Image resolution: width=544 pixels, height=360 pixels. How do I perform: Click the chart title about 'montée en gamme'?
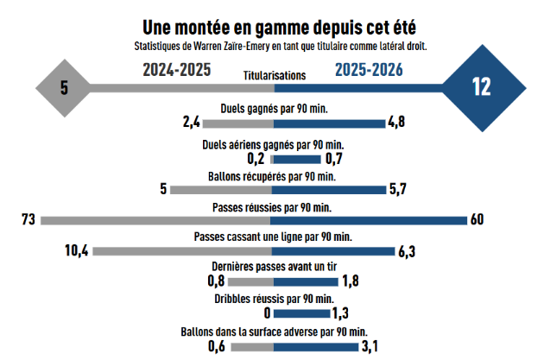pos(273,26)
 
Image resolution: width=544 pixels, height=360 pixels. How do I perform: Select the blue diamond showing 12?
pos(481,86)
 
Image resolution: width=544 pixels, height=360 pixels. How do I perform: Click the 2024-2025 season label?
pos(177,70)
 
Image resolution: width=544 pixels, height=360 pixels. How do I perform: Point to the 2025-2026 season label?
pos(370,70)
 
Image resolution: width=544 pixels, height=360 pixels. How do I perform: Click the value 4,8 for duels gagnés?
pos(397,123)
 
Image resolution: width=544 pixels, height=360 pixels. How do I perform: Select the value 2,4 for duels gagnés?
pos(192,123)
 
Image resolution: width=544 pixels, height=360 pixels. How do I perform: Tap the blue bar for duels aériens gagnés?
pos(297,159)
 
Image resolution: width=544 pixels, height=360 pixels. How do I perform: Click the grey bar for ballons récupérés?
pos(222,190)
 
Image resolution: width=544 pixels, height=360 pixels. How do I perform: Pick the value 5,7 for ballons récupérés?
pos(398,190)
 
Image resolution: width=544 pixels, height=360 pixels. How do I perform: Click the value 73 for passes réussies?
pos(28,220)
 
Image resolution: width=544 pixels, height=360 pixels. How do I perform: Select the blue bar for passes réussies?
pos(370,220)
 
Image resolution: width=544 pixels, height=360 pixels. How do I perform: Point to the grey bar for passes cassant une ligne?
pos(183,251)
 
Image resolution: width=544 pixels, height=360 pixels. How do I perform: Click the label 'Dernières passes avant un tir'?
pos(273,267)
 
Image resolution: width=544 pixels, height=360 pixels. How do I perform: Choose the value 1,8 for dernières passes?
pos(351,281)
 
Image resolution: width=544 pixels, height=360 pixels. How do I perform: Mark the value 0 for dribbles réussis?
pos(267,313)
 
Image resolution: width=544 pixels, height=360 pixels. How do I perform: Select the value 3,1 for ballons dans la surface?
pos(371,346)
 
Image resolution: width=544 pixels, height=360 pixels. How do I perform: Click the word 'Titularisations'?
pos(275,75)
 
